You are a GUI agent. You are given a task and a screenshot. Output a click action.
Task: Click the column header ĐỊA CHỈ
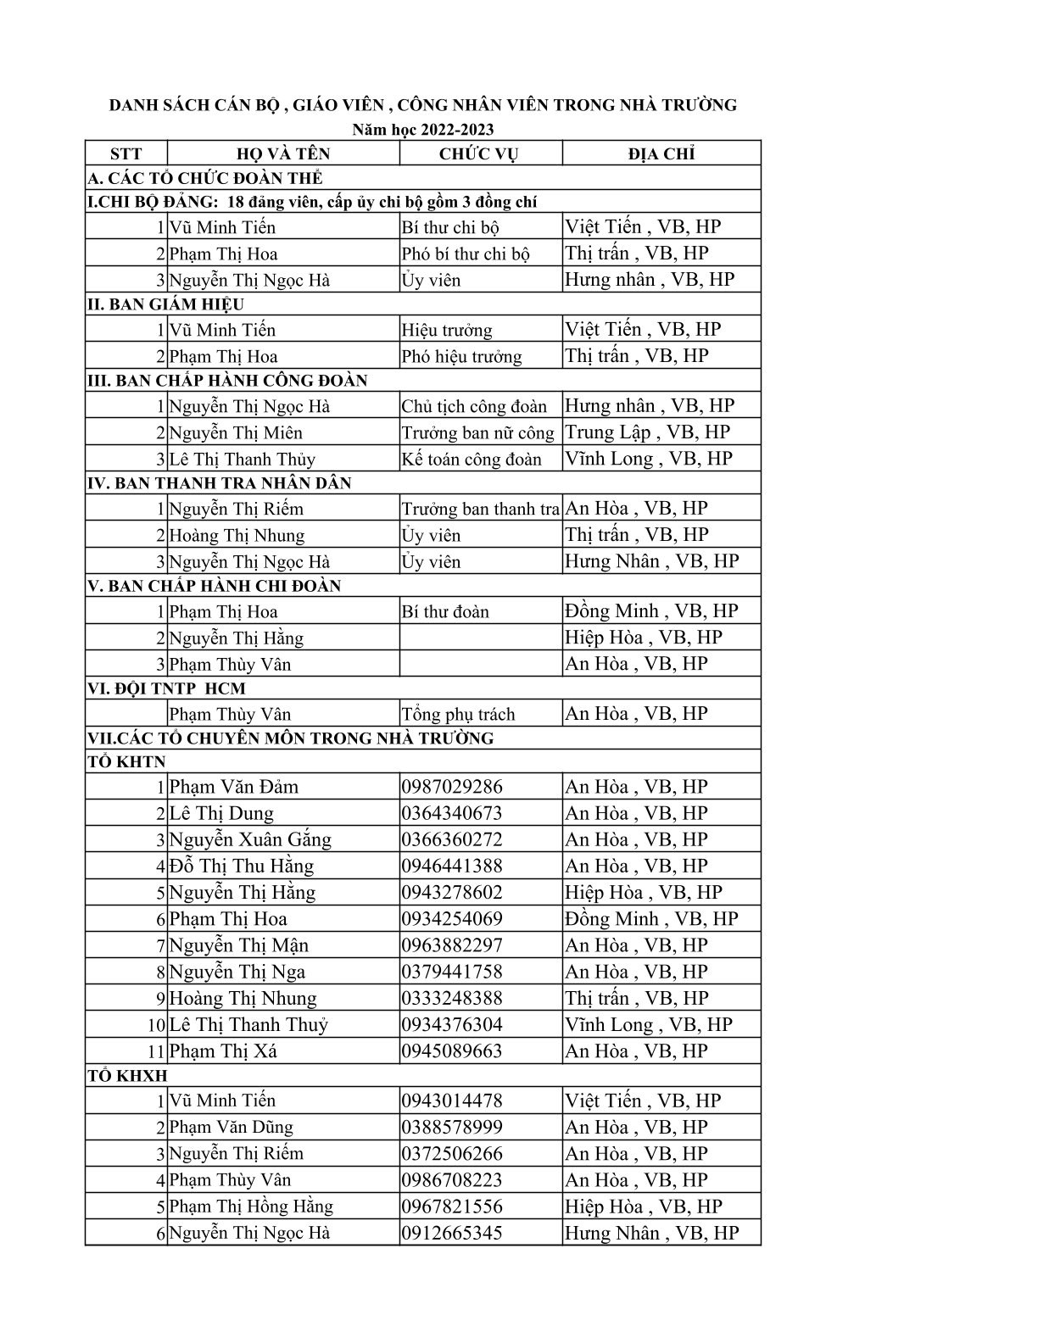[661, 153]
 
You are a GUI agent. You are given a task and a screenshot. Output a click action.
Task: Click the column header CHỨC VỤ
[479, 153]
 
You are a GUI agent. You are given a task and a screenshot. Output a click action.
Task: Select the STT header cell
[126, 153]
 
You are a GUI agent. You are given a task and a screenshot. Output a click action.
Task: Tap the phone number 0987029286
[452, 787]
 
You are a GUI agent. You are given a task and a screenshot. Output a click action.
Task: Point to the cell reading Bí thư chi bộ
[450, 227]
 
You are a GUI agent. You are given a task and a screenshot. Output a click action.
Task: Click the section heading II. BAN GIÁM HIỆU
[166, 304]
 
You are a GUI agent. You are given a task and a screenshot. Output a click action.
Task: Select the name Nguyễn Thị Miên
[236, 433]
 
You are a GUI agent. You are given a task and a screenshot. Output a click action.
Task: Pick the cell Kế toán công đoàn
[472, 460]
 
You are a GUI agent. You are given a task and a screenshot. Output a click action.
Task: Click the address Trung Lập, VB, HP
[647, 432]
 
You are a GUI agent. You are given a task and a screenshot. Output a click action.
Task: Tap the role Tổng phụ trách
[458, 714]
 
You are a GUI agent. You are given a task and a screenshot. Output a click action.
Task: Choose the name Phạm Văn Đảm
[234, 787]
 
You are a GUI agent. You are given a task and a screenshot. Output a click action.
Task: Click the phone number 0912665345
[452, 1233]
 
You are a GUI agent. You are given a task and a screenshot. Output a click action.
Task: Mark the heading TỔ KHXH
[128, 1076]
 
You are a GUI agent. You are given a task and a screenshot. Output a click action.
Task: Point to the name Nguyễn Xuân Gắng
[250, 840]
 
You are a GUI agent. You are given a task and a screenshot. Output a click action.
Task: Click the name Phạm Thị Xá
[223, 1051]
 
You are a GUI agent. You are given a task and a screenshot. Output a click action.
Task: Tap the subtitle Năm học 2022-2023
[423, 129]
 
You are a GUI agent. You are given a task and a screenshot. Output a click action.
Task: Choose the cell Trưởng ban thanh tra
[480, 510]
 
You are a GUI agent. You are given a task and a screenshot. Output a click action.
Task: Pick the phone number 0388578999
[452, 1128]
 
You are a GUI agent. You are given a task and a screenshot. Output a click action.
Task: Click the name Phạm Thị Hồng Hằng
[251, 1206]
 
